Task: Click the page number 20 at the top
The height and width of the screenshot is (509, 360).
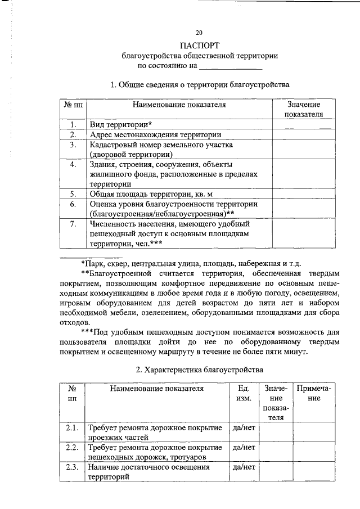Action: click(199, 32)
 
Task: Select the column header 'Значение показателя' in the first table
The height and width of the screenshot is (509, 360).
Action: click(304, 109)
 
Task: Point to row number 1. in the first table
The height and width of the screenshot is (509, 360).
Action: click(73, 124)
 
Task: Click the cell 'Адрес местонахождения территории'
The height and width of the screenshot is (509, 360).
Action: click(155, 134)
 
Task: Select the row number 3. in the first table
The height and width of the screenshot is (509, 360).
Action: click(73, 145)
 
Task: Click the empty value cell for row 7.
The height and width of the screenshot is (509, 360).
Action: click(304, 233)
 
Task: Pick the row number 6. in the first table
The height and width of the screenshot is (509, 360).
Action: click(73, 204)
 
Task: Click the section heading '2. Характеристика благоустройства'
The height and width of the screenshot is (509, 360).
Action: click(199, 370)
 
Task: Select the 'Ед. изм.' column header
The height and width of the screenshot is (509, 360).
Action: click(244, 393)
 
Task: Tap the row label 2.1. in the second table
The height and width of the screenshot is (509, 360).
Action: click(71, 428)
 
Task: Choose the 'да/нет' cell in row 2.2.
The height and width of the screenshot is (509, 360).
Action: click(244, 448)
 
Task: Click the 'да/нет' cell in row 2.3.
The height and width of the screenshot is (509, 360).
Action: click(244, 467)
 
